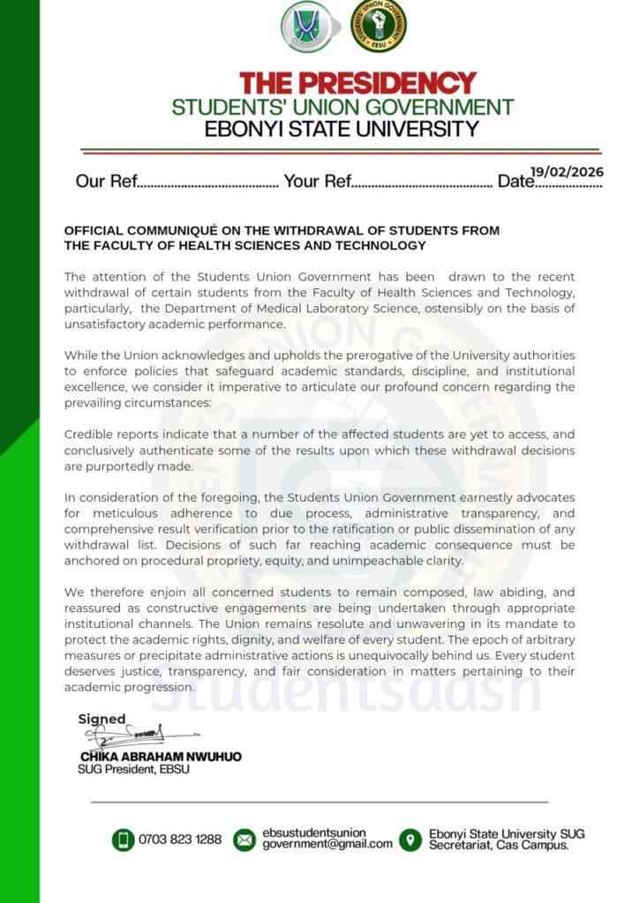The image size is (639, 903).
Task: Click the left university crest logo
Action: coord(306,26)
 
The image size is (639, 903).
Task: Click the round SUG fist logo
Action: coord(379,26)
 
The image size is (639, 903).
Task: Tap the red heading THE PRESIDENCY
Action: coord(357,84)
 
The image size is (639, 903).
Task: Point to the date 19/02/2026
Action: coord(568,172)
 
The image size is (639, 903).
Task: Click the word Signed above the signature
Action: coord(102,719)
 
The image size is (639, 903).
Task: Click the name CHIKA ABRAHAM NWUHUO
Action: coord(161,757)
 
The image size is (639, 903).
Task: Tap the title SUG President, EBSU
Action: coord(133,769)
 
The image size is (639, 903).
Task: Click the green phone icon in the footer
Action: coord(123,840)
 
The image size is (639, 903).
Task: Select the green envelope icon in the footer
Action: coord(244,840)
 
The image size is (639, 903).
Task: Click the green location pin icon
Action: coord(410,840)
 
